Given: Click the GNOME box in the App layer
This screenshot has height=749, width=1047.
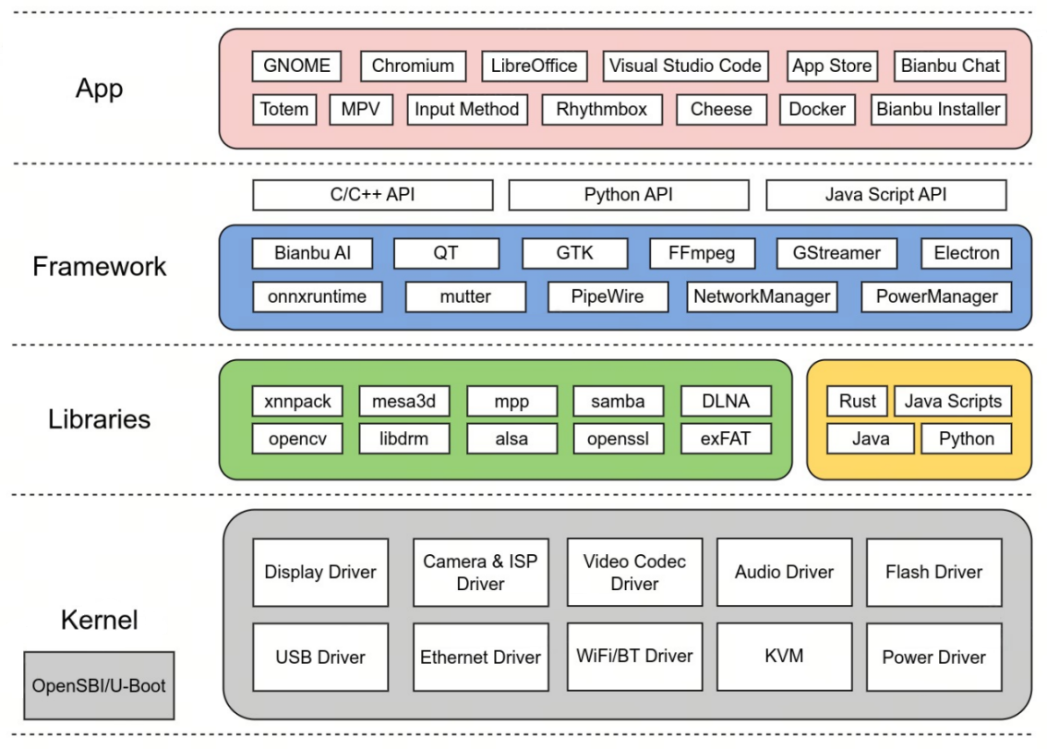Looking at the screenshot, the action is pos(296,66).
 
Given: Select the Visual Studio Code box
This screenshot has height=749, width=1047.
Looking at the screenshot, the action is pos(686,66).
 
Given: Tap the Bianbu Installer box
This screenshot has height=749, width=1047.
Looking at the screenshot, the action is pos(938,109).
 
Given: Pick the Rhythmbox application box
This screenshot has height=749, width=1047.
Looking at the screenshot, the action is pos(602,109).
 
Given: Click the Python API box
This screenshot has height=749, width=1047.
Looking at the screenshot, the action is pos(629,195).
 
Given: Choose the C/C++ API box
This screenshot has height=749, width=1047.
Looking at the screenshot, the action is pos(373,195).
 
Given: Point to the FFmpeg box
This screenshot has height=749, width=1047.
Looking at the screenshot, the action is pos(702,253).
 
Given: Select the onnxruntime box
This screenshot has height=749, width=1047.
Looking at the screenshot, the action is pos(318,296).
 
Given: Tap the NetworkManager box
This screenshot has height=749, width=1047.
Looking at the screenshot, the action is pos(762,296).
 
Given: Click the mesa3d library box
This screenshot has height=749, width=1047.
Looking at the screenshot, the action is pos(404,401).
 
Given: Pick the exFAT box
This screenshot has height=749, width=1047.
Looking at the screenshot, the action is pos(726,439).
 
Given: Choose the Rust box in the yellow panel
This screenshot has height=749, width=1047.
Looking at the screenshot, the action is pos(858,401).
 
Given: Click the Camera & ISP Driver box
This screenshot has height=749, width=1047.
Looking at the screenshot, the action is pos(481,573).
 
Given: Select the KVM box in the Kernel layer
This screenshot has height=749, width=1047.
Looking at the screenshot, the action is pos(785,657).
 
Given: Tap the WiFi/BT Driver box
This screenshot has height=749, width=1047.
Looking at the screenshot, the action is pos(634,657).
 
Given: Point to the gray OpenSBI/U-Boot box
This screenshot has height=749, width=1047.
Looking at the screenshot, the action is pos(99,685).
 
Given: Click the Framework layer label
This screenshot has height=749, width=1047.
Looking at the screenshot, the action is pos(100,266).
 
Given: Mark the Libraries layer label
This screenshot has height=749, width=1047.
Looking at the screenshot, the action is pos(100,419).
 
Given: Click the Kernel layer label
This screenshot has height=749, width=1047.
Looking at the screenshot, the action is pos(100,620).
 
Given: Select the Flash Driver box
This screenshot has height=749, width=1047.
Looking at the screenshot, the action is pos(934,573).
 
